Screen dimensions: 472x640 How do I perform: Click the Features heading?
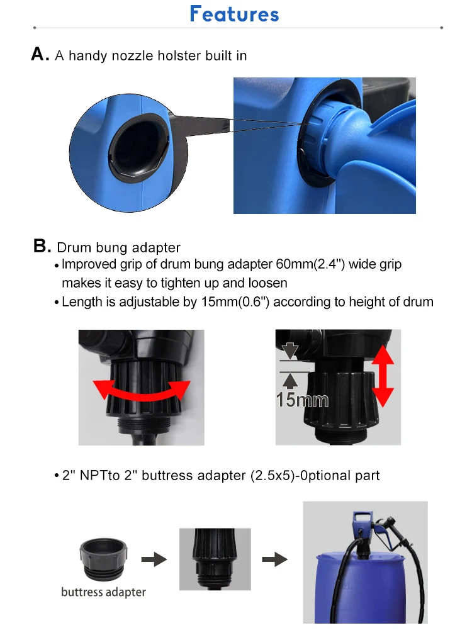point(234,14)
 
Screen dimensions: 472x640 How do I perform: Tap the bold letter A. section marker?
point(40,54)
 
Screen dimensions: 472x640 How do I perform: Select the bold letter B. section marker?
point(42,246)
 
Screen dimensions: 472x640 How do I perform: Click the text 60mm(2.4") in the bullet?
point(310,264)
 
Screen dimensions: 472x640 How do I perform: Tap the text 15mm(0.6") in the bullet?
point(235,302)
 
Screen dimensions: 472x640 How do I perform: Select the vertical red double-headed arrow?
point(383,376)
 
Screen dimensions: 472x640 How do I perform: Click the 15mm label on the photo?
point(302,400)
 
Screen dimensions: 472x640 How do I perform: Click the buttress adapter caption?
point(103,592)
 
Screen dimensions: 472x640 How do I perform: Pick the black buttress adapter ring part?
point(103,559)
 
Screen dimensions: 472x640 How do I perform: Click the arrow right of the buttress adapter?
point(154,559)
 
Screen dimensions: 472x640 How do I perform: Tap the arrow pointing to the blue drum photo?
point(275,559)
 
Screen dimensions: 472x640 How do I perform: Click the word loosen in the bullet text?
point(267,283)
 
